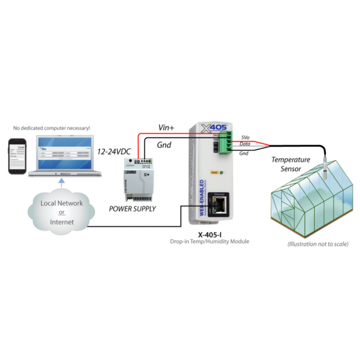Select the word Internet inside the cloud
click(62, 222)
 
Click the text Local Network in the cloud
click(62, 203)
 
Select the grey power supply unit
click(140, 180)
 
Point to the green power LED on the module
click(222, 171)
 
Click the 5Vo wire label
click(246, 136)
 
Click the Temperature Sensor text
click(291, 164)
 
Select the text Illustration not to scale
click(318, 244)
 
